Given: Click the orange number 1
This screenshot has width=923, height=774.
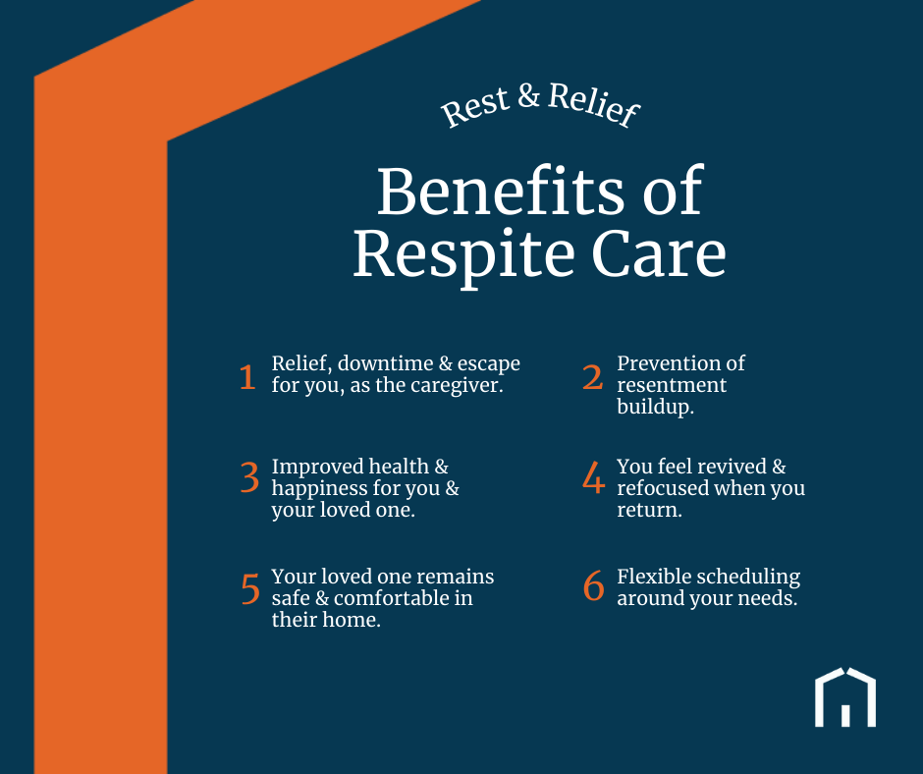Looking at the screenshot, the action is click(x=247, y=377).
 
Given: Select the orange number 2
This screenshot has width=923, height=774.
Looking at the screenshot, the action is click(x=593, y=377).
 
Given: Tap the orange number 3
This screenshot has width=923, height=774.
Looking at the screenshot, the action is click(x=249, y=477).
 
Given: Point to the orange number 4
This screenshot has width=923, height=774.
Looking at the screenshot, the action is click(x=593, y=477).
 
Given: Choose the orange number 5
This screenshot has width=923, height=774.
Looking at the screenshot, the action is click(x=250, y=588).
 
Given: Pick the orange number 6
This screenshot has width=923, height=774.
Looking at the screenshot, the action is click(x=593, y=585).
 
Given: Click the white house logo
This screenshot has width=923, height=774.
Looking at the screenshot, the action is click(x=845, y=697).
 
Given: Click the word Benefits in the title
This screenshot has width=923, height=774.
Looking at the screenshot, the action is click(x=500, y=192).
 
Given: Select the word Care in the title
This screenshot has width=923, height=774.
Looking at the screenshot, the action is click(x=659, y=254).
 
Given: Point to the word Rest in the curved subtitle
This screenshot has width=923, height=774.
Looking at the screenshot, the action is click(x=474, y=106).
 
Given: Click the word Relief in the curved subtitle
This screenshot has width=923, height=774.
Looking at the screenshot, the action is click(x=593, y=105).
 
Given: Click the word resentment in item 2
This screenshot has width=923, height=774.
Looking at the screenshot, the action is click(x=672, y=385).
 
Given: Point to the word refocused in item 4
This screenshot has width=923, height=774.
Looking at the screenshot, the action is click(x=663, y=488).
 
